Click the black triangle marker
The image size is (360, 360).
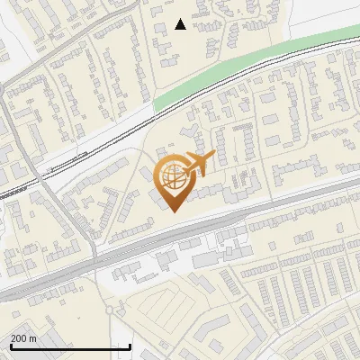pyautogui.click(x=181, y=24)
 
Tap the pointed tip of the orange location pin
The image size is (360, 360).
pyautogui.click(x=172, y=211)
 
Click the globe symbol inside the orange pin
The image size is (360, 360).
pyautogui.click(x=172, y=179)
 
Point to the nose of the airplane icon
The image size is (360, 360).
pyautogui.click(x=212, y=157)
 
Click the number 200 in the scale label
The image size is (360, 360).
pyautogui.click(x=19, y=338)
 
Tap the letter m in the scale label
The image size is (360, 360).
pyautogui.click(x=33, y=338)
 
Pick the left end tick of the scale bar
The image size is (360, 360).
pyautogui.click(x=10, y=346)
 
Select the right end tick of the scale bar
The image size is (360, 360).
pyautogui.click(x=131, y=346)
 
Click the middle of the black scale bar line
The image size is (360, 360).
pyautogui.click(x=70, y=347)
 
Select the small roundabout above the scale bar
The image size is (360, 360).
pyautogui.click(x=110, y=310)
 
